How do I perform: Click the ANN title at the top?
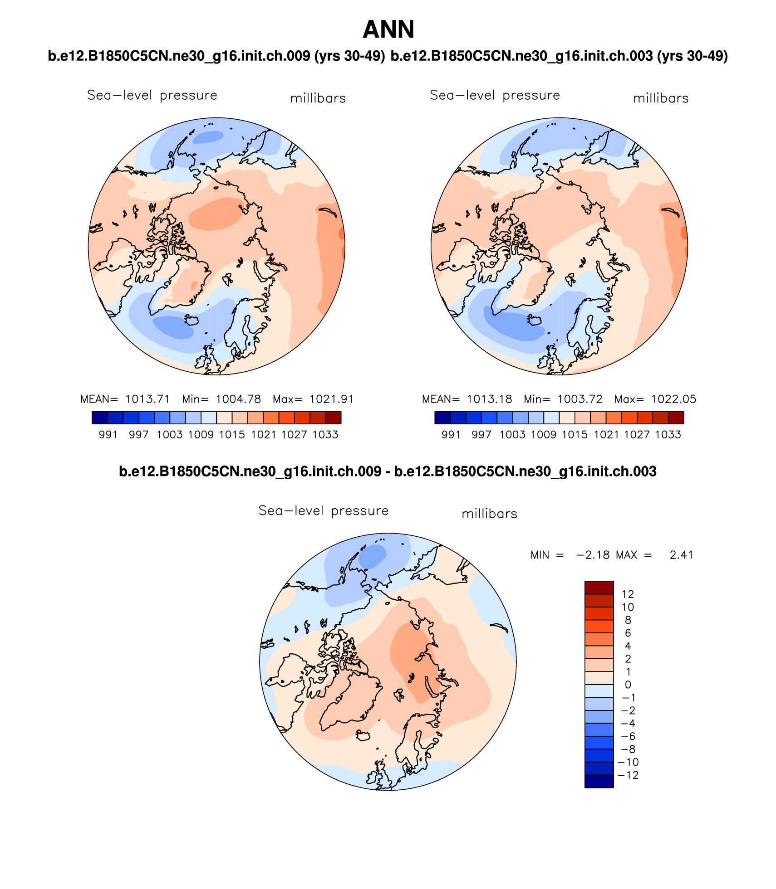[388, 30]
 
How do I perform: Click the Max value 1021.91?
[331, 399]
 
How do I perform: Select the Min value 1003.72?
[580, 399]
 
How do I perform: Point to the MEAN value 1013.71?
[147, 399]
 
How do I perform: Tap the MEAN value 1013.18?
[489, 399]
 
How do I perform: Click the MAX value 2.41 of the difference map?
[681, 555]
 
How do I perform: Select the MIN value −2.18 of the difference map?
[593, 555]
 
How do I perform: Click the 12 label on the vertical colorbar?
[628, 594]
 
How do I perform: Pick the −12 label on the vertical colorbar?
[629, 775]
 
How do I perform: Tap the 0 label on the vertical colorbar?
[628, 685]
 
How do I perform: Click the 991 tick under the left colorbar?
[108, 435]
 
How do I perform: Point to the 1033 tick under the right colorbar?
[668, 435]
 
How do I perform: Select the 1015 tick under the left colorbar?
[232, 435]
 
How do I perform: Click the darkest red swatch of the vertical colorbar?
[599, 588]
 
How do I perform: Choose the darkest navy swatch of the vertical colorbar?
[599, 782]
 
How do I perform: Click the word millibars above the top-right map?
[661, 98]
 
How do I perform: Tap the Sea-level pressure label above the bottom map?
[324, 511]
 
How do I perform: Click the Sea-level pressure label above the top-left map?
[152, 96]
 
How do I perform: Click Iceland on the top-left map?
[192, 321]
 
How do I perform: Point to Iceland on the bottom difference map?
[363, 735]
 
